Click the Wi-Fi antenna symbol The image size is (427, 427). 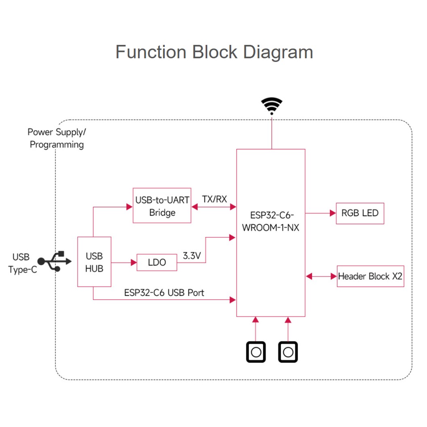click(x=272, y=106)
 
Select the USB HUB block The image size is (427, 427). click(x=94, y=262)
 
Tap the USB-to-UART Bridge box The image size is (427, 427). click(x=162, y=206)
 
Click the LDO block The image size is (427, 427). click(x=157, y=262)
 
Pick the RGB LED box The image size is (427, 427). click(x=360, y=213)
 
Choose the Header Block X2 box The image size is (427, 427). click(x=370, y=277)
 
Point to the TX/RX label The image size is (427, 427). click(x=214, y=199)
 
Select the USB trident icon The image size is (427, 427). click(x=55, y=262)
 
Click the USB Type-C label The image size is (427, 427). click(x=23, y=263)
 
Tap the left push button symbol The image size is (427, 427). click(x=256, y=352)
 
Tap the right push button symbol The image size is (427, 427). click(x=288, y=352)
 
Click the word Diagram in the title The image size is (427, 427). click(x=273, y=52)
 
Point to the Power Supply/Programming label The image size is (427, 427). click(x=57, y=138)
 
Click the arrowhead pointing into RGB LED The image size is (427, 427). click(x=333, y=213)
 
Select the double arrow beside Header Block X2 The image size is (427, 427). click(x=321, y=277)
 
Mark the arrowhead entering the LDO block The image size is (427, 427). click(x=133, y=262)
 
